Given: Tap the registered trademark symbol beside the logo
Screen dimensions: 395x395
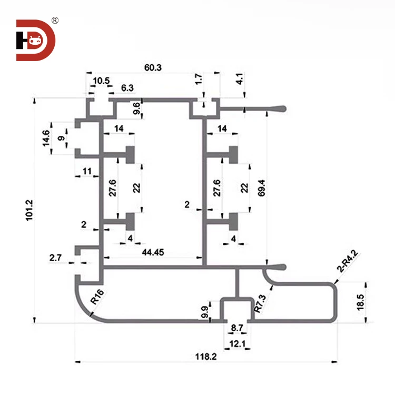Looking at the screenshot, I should [55, 21].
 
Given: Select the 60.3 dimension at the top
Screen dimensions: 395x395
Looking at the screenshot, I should [153, 67].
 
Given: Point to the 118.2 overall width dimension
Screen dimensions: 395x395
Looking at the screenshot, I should [205, 356].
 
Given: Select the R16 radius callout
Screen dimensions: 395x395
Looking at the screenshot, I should [97, 298].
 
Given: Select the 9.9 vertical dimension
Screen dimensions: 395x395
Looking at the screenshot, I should [204, 311].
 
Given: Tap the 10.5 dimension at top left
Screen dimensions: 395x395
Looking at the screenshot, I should [101, 81].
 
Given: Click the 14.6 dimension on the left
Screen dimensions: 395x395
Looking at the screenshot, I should [46, 139].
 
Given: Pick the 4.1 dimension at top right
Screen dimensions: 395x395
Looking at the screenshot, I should [240, 80].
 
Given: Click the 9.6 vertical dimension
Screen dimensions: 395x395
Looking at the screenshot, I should [137, 108].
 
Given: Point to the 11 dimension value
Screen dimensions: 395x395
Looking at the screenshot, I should [87, 171].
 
